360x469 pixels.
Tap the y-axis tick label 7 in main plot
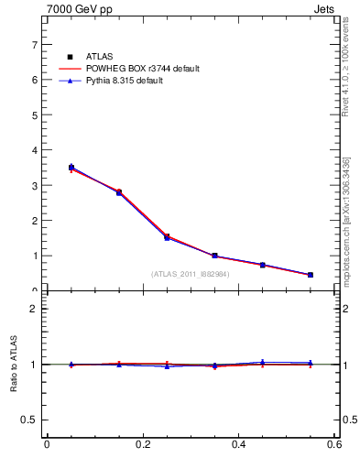click(35, 44)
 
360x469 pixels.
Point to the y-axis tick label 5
click(35, 115)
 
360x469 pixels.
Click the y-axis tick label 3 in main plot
click(35, 185)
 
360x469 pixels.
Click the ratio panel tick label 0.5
click(30, 420)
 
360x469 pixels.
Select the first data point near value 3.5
click(71, 168)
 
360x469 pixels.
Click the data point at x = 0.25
click(167, 236)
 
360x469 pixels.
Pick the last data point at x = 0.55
click(311, 275)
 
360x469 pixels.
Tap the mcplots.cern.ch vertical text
click(347, 229)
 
